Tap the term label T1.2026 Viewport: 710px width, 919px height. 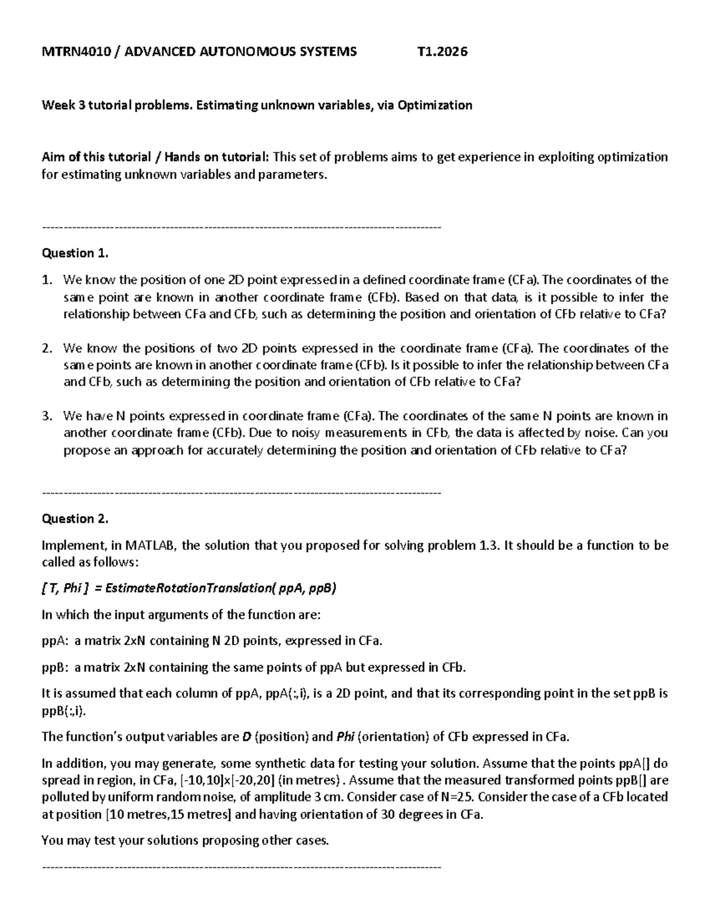point(442,51)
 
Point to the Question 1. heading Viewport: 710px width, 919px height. point(75,253)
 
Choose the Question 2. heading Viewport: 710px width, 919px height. point(75,519)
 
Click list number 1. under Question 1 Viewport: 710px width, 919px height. point(48,280)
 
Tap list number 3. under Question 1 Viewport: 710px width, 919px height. point(48,416)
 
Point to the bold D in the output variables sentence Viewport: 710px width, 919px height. point(246,737)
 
